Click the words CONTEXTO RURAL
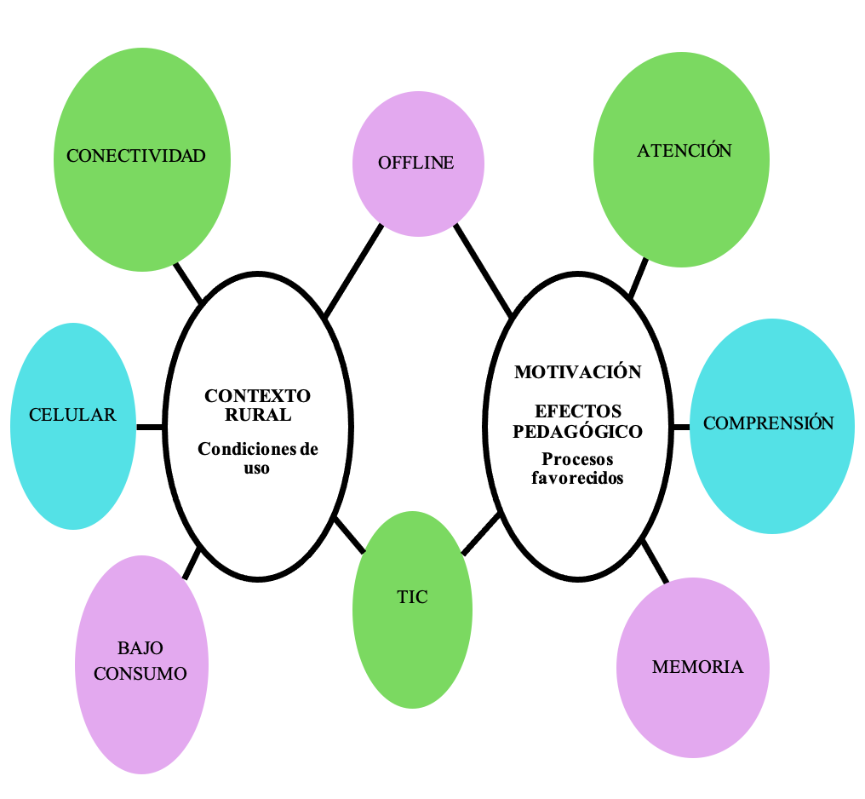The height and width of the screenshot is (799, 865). coord(257,405)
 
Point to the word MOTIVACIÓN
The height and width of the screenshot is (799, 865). coord(577,372)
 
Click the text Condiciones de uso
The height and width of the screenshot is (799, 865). coord(257,458)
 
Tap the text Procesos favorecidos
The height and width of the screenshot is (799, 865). coord(577,468)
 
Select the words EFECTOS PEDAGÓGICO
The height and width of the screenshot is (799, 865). coord(577,422)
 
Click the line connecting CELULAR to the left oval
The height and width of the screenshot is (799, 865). coord(149,426)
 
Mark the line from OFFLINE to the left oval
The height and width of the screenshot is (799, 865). coord(353,271)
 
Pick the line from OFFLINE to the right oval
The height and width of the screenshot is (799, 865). coord(483,270)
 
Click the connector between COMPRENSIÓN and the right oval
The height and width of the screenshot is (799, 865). coord(680,426)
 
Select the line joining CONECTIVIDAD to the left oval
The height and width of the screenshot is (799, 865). coord(188,283)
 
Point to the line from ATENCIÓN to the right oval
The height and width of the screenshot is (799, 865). coord(639,275)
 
